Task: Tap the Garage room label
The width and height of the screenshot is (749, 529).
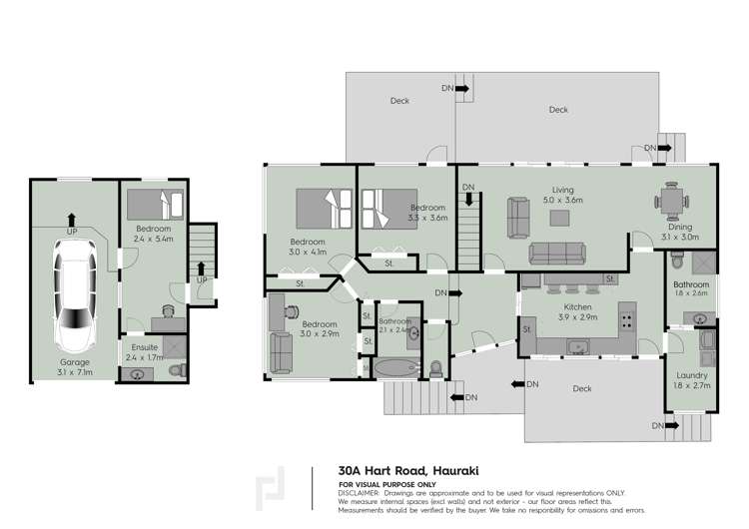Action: pos(75,361)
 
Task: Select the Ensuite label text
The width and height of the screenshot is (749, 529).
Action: pos(146,346)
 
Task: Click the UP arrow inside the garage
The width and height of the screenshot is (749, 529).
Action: pos(71,219)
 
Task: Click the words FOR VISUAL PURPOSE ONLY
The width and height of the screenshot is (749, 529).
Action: pos(388,484)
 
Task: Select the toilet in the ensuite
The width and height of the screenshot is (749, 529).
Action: pos(177,372)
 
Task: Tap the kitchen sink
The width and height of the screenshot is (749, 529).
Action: pos(578,346)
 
